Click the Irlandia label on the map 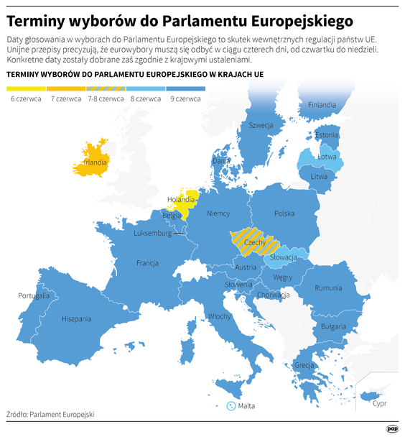tap(96, 162)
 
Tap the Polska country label tap(284, 213)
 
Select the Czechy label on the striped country tap(255, 243)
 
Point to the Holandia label tap(180, 200)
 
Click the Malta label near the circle tap(246, 406)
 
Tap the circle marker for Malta tap(231, 406)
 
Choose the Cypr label tap(379, 403)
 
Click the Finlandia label tap(322, 105)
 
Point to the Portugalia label tap(34, 295)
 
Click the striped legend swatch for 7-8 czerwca tap(106, 88)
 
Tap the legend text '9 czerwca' tap(185, 98)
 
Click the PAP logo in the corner tap(392, 428)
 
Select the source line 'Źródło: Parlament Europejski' tap(50, 414)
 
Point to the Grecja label tap(304, 365)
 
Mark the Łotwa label tap(327, 156)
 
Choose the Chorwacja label tap(273, 295)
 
